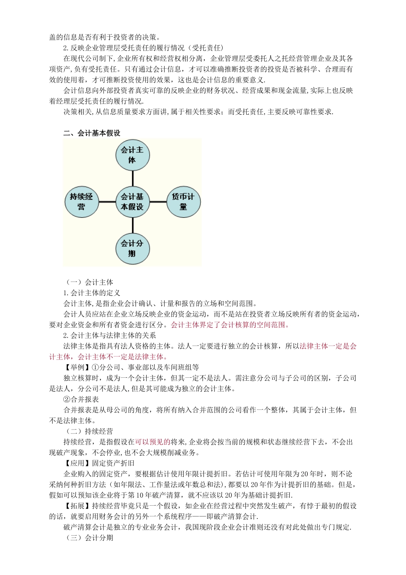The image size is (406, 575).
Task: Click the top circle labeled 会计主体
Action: coord(132,155)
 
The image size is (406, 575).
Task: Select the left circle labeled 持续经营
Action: coord(81,202)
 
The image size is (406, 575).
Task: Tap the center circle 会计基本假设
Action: coord(132,202)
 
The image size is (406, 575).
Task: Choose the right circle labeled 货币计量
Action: coord(183,202)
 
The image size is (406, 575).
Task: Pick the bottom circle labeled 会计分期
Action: coord(132,248)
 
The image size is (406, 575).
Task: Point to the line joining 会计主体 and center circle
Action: coord(132,178)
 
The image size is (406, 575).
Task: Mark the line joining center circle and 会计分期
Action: coord(132,225)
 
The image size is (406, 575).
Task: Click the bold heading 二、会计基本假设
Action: coord(92,133)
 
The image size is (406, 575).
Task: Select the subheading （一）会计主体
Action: coord(88,282)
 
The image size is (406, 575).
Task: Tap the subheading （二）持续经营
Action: coord(88,431)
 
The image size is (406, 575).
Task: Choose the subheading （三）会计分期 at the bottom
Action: coord(88,538)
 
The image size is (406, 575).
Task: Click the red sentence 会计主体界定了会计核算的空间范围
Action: coord(230,325)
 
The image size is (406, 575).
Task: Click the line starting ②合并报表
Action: coord(81,399)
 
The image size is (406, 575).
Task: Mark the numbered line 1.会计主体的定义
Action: coord(92,293)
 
